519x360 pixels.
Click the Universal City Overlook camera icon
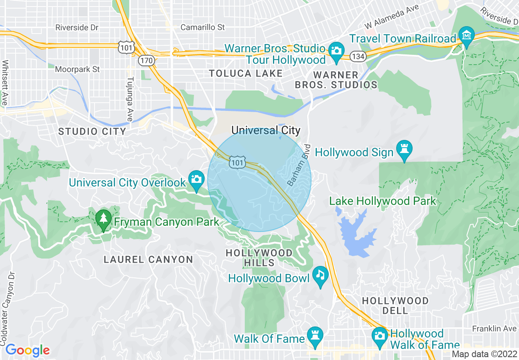(x=196, y=179)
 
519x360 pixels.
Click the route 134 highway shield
(x=358, y=56)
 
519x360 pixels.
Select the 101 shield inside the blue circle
(x=237, y=163)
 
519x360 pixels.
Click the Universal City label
(x=266, y=130)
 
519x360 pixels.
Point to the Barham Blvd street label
(x=299, y=165)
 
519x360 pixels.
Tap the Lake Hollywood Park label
(x=383, y=201)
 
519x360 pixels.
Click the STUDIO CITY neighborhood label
(x=92, y=132)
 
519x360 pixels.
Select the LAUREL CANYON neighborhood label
(x=148, y=259)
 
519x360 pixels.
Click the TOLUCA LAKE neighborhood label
(x=246, y=74)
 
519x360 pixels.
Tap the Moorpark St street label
(x=77, y=69)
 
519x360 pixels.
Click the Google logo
(x=27, y=351)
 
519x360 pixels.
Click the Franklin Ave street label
(x=494, y=328)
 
